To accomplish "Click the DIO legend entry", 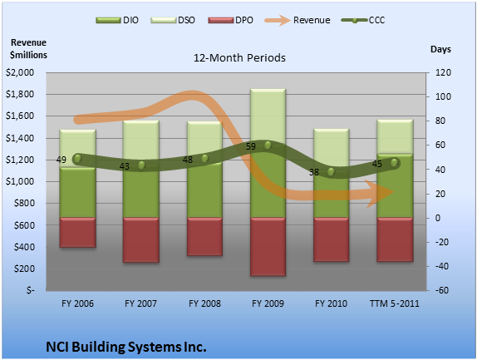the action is pos(117,20).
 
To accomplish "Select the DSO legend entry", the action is pos(173,20).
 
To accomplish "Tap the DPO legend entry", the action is pos(230,20).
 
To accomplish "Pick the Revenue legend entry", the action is pos(298,20).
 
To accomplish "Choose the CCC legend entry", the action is pos(363,20).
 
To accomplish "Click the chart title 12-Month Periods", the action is pos(239,58).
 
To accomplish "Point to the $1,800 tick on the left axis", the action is pos(20,94).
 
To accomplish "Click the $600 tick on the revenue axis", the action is pos(24,225).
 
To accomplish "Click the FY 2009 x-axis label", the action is pos(268,303).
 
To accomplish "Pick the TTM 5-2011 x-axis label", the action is pos(394,303).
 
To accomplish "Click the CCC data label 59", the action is pos(251,146).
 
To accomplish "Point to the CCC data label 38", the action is pos(314,172).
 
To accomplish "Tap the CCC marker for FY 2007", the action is pos(141,165).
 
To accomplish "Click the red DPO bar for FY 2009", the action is pos(268,247).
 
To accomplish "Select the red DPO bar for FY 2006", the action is pos(78,233).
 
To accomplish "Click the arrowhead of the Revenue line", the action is pos(381,193).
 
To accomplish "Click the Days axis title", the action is pos(440,49).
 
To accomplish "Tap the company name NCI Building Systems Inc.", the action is pos(126,347).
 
